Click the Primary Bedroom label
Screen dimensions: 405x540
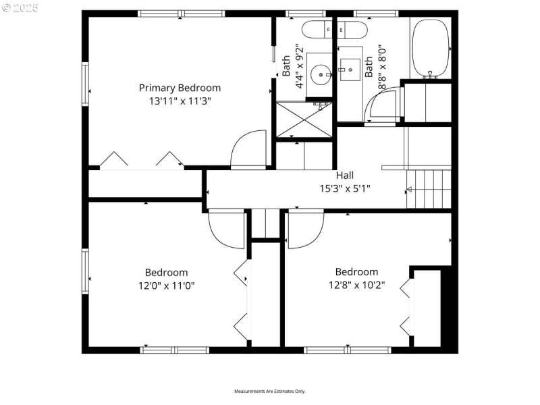(180, 88)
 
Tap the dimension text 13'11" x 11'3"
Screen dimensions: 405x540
(180, 101)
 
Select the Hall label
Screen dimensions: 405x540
(345, 175)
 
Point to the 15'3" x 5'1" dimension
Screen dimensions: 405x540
(345, 189)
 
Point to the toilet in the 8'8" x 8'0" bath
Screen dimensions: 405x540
(351, 30)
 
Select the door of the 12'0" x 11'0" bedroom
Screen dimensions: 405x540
(226, 230)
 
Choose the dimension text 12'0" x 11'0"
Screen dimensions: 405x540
(167, 286)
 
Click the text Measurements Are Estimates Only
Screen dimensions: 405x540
(270, 391)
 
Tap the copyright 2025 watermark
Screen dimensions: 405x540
(20, 8)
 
